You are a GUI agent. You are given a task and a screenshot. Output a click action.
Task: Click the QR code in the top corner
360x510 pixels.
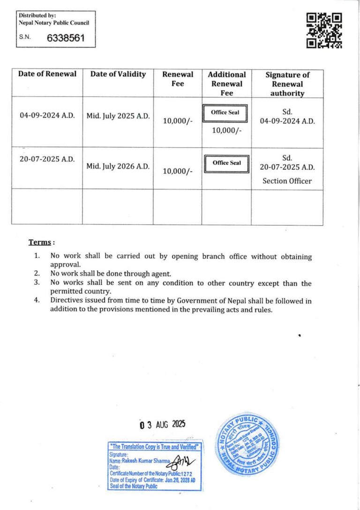324,30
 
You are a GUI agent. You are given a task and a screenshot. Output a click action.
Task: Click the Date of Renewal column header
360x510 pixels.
47,74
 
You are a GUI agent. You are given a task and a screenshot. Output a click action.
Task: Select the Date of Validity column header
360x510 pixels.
118,74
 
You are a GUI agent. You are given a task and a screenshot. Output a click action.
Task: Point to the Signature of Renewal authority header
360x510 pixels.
287,84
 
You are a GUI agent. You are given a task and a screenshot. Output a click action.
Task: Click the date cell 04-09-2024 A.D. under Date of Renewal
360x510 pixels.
47,115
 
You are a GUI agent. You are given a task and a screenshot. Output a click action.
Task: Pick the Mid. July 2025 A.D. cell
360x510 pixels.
118,115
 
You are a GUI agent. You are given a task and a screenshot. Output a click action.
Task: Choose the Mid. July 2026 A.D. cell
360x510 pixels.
118,166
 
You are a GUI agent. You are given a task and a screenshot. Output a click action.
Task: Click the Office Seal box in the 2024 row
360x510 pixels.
226,113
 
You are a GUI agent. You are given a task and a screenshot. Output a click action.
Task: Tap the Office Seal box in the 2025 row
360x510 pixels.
226,163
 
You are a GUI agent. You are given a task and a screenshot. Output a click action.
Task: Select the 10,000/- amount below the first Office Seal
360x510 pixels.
226,130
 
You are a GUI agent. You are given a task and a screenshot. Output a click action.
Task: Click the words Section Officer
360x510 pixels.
287,181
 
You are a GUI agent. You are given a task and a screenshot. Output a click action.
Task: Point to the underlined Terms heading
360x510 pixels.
40,242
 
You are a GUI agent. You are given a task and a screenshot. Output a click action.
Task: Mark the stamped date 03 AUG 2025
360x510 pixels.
163,425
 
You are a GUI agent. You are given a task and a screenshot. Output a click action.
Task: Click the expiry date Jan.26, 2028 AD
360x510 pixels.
182,480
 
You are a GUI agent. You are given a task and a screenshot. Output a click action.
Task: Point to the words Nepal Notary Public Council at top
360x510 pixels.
53,23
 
